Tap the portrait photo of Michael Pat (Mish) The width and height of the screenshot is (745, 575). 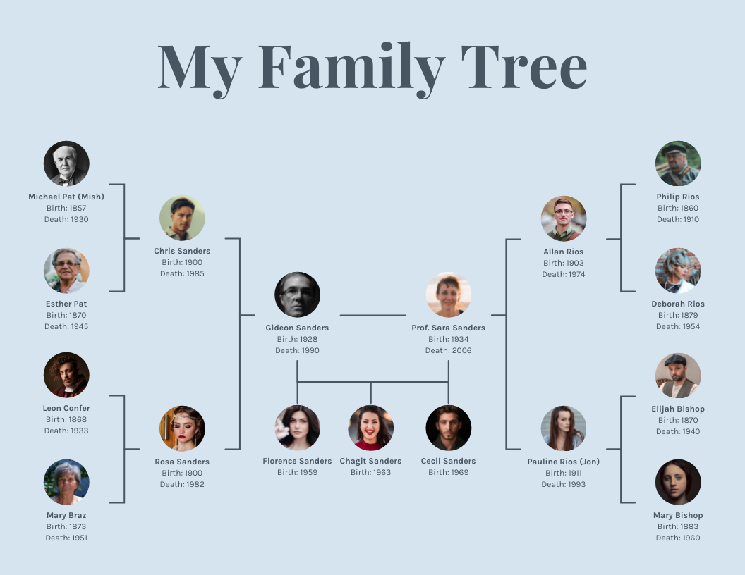(66, 163)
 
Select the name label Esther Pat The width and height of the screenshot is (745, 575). (66, 304)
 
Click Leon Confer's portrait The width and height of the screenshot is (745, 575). (66, 375)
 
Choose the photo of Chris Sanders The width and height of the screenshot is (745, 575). (182, 218)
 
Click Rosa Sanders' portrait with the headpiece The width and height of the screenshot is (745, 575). (182, 428)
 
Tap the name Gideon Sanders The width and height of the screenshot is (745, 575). (297, 328)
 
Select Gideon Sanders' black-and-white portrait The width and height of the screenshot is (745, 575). (297, 295)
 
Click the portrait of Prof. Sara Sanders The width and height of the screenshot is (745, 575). (449, 295)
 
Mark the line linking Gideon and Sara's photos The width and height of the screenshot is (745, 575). (372, 315)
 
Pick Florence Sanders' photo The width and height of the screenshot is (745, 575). (297, 428)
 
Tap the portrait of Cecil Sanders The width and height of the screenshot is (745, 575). (449, 428)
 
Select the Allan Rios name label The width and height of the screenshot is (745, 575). (564, 252)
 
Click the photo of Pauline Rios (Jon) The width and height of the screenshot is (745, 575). (564, 428)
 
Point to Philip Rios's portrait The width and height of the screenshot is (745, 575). (678, 163)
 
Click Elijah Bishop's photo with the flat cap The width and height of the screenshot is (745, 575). (678, 376)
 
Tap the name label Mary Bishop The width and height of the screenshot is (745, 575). (678, 515)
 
